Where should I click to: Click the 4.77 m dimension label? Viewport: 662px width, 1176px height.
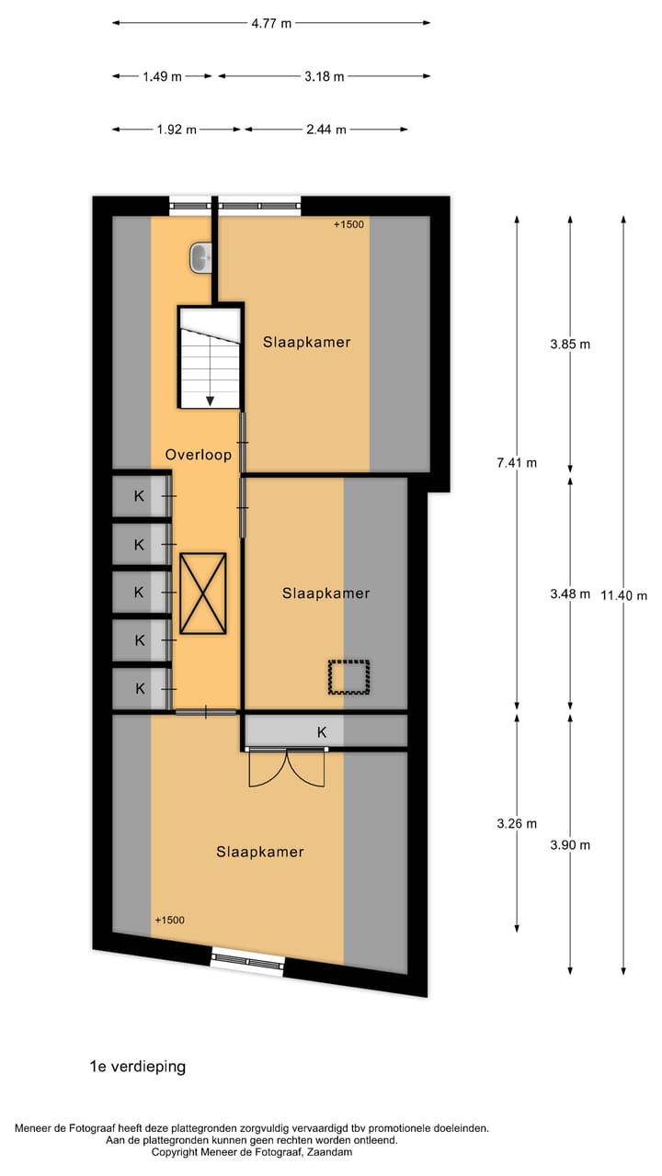271,24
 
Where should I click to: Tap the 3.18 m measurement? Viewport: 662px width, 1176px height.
324,77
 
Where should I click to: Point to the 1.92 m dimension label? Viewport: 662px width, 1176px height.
177,130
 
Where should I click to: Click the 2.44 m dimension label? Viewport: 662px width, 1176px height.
326,130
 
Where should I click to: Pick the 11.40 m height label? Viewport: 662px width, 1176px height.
623,595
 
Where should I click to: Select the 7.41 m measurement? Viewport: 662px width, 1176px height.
516,463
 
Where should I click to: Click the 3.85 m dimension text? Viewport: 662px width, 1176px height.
570,345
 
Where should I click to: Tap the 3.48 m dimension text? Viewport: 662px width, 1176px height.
570,594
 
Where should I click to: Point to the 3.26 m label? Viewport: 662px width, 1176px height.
516,824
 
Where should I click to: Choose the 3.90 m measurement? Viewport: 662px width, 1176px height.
570,845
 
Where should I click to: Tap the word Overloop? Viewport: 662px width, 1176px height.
198,454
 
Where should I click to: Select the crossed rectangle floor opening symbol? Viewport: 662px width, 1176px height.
203,594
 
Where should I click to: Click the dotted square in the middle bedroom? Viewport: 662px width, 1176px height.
349,678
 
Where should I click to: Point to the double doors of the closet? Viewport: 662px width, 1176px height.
288,768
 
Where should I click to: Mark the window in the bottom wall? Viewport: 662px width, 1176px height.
247,958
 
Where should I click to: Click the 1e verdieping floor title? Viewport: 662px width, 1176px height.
138,1067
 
